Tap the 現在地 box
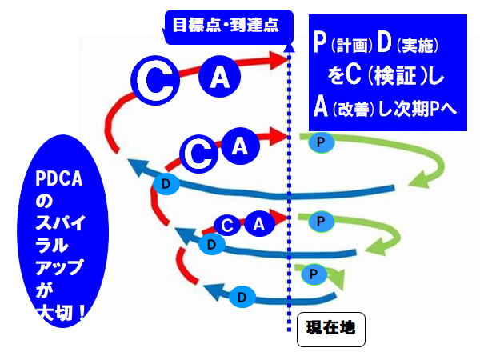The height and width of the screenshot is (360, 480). coord(330,327)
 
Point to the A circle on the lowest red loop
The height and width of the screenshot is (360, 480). coord(258,225)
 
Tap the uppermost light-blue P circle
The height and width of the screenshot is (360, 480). coord(318,142)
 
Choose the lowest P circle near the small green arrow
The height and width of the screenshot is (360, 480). coord(313,274)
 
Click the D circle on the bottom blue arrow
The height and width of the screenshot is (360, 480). coord(242,298)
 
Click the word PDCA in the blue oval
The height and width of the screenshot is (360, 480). coord(62,178)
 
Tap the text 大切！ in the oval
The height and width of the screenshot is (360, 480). coord(63,311)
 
